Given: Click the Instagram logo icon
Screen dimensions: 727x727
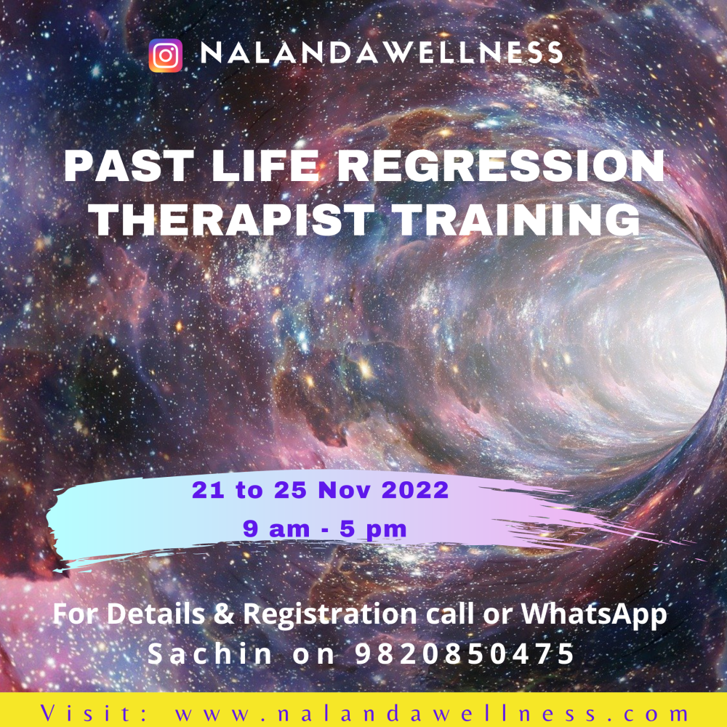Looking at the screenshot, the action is [166, 56].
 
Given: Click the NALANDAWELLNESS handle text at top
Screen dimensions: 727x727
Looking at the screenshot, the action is [382, 52].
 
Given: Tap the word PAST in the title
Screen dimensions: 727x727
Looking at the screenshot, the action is [129, 166].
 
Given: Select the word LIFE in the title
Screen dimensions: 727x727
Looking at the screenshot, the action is [265, 166].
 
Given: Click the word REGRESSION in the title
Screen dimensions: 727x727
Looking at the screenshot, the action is [501, 166].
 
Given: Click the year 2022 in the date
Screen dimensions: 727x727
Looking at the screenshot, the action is [415, 490].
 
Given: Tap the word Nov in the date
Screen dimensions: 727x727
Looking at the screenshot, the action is [344, 490].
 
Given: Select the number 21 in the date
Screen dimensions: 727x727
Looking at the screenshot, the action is [208, 490].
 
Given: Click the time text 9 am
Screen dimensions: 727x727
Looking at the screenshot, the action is [276, 529].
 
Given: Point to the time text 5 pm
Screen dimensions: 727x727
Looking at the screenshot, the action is [373, 529].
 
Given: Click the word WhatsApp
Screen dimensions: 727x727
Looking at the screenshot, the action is [594, 614].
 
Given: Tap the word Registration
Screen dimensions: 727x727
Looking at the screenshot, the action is [330, 614].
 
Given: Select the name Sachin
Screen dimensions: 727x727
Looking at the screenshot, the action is [209, 654].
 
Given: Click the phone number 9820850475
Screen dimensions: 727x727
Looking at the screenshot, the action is [465, 654].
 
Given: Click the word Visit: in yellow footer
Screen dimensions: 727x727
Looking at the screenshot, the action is [93, 713].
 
